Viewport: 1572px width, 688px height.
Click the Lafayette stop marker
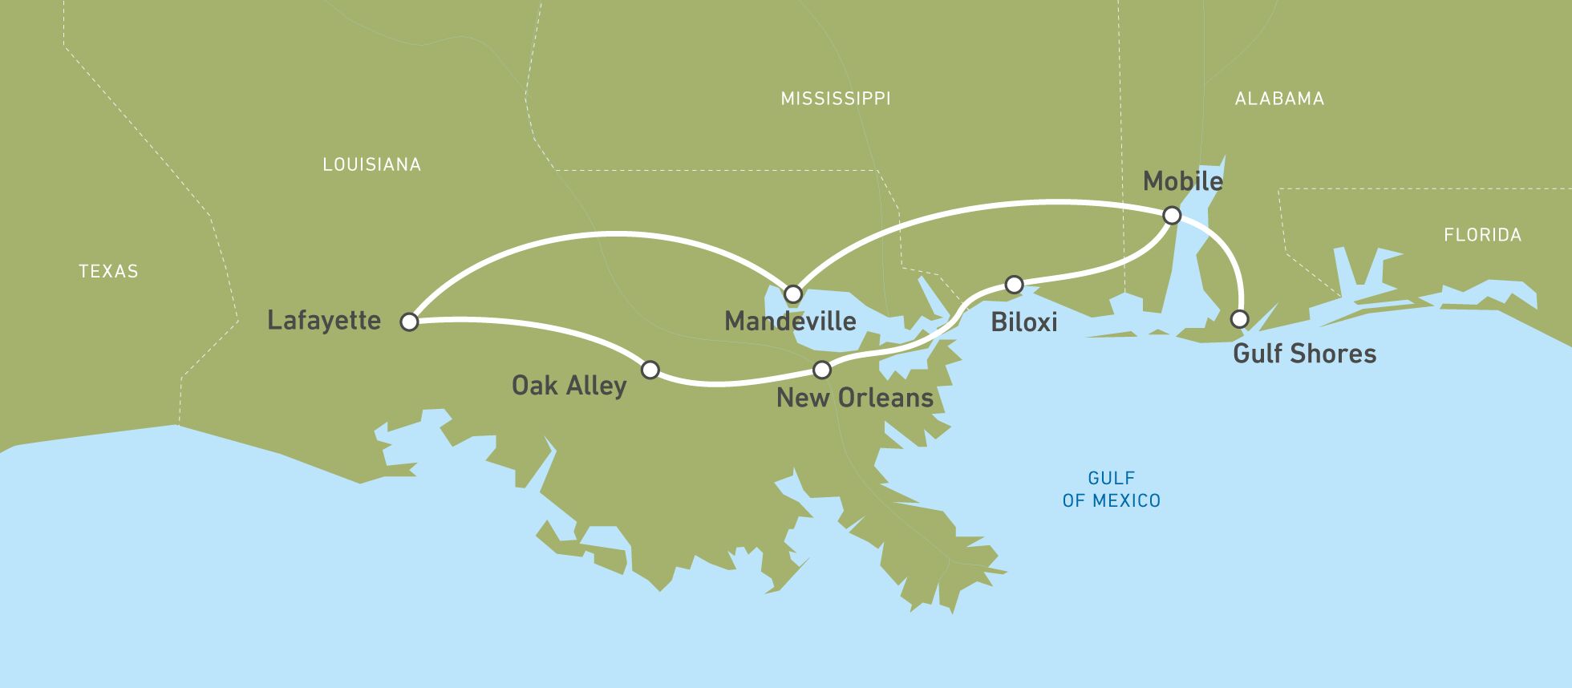(409, 322)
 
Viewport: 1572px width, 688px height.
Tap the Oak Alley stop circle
(650, 370)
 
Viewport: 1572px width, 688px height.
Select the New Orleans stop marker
(822, 370)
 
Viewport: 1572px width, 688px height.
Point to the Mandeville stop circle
(792, 293)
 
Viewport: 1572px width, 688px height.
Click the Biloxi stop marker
(1014, 285)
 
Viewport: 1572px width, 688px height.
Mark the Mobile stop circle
(1172, 215)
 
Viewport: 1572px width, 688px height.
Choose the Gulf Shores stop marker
(1239, 318)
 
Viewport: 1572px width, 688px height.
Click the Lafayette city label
(324, 321)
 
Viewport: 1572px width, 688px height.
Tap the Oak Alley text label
(569, 386)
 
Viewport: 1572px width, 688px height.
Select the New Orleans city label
(855, 398)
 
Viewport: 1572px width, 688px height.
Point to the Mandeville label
(790, 322)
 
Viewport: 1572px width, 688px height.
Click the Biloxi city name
(1024, 322)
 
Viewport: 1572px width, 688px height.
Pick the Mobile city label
(1182, 181)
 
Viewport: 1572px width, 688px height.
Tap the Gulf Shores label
(1304, 354)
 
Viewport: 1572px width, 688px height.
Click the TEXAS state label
(108, 272)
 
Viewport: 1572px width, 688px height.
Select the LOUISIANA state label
(371, 164)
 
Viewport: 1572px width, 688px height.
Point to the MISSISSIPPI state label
(836, 99)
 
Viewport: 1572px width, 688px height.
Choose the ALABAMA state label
(1279, 99)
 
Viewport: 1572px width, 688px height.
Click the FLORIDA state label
(1482, 235)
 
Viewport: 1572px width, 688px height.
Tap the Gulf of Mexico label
(1111, 489)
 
